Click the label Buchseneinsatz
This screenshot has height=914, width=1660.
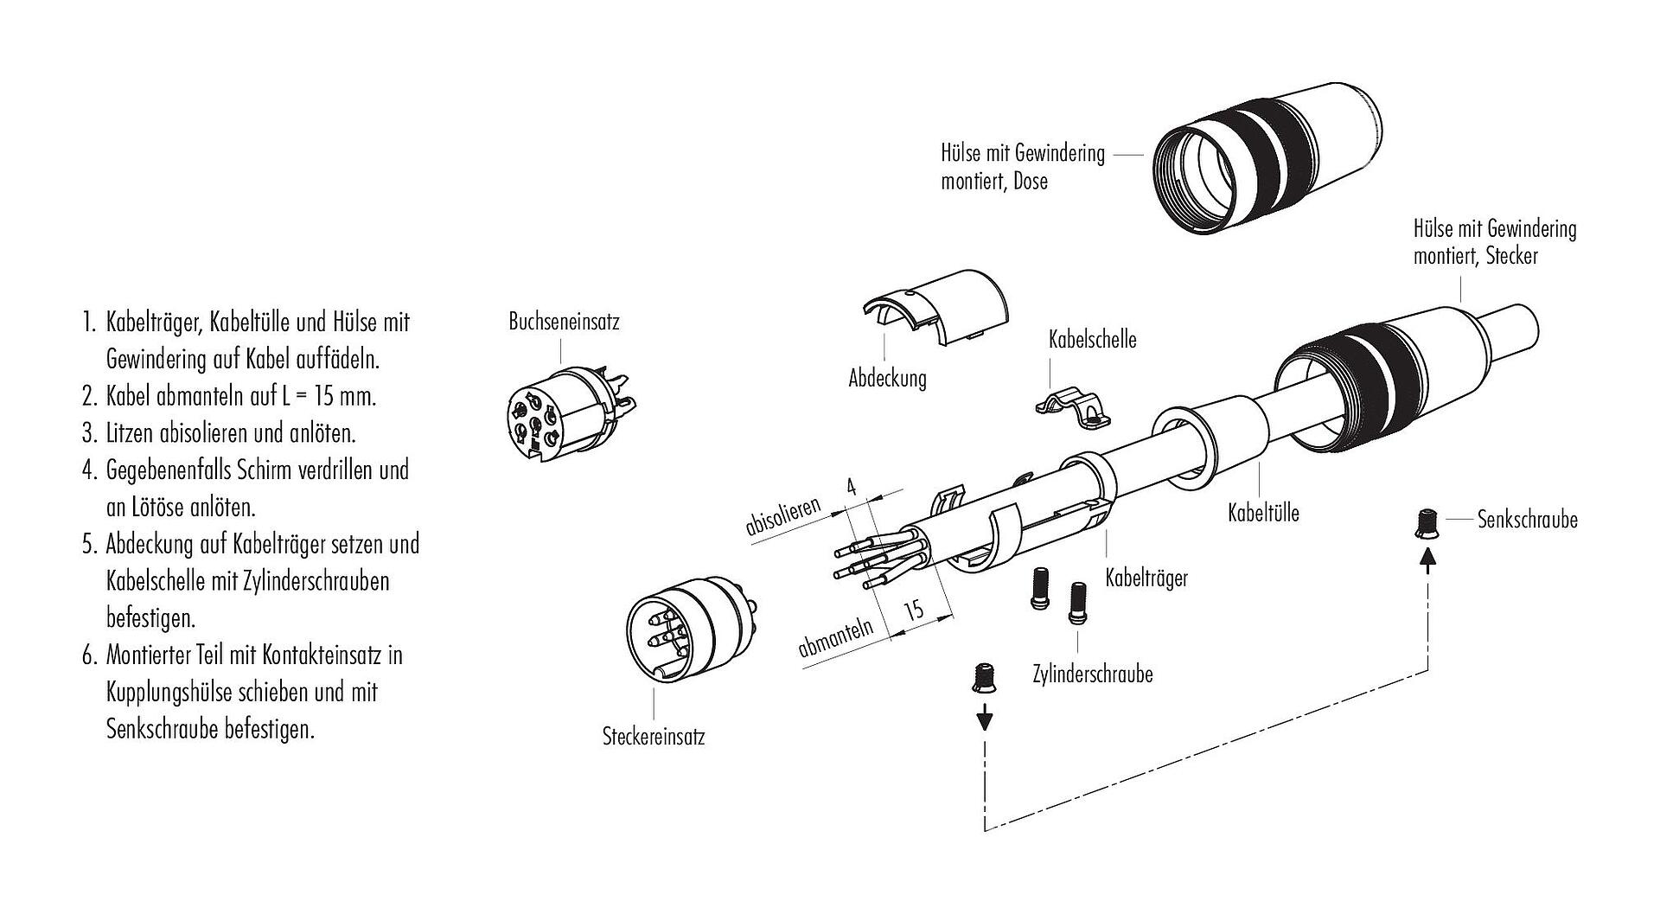(564, 323)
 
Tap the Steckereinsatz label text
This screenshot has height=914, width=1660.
(653, 737)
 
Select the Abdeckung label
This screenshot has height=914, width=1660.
(887, 378)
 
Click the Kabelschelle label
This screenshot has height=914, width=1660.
(1092, 339)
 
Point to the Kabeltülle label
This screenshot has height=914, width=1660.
(1263, 513)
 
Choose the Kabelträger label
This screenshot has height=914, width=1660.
(1146, 578)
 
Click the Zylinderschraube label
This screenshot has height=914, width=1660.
(1092, 674)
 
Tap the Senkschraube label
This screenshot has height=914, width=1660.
(1528, 520)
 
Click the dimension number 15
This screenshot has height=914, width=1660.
(914, 610)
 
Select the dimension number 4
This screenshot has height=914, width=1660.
(851, 488)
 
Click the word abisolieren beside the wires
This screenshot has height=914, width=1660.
(783, 516)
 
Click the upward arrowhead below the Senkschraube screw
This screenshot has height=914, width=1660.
(1428, 562)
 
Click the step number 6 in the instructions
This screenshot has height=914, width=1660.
(88, 655)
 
